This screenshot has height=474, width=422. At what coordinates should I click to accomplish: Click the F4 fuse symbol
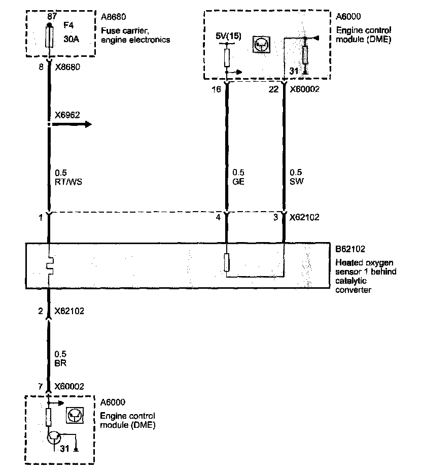(49, 37)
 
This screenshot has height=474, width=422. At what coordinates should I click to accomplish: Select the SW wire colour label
(296, 181)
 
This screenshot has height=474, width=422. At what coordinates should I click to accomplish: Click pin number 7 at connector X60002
(40, 387)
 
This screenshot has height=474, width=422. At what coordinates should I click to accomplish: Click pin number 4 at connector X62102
(219, 217)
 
